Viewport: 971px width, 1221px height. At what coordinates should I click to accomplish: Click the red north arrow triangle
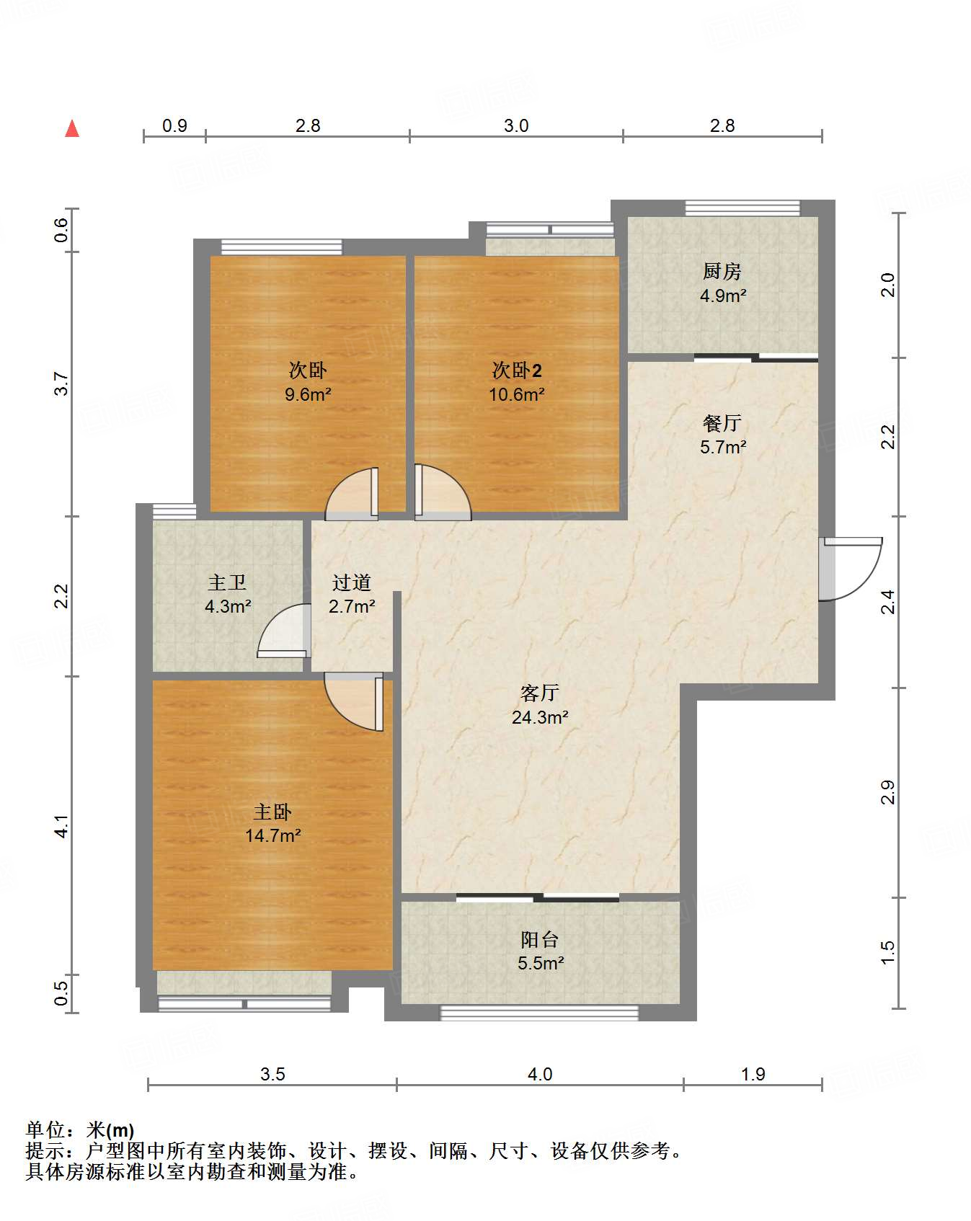pos(72,128)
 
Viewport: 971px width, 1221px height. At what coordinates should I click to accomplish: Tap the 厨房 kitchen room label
pos(722,271)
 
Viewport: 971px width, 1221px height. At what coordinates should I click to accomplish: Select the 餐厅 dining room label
pos(722,423)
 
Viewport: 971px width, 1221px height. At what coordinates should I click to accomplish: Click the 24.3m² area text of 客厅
pos(540,717)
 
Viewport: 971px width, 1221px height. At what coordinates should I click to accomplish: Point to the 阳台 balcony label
pos(540,939)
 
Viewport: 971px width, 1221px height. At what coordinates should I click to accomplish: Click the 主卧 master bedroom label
pos(272,812)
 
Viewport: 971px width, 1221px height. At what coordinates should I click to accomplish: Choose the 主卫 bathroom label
pos(227,582)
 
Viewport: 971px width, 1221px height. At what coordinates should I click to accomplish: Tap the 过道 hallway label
pos(352,582)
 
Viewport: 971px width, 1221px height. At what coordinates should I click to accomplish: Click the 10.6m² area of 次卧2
pos(517,394)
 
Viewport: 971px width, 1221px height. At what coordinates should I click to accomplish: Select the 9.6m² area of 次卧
pos(308,394)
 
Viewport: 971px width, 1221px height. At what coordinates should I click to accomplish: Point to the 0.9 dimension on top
pos(174,125)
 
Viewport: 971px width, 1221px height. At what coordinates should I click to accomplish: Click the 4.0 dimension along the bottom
pos(540,1074)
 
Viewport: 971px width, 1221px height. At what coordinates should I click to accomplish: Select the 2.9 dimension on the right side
pos(888,792)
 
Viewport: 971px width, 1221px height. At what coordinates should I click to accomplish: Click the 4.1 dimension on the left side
pos(62,826)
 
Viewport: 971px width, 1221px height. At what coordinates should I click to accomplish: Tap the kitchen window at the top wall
pos(742,208)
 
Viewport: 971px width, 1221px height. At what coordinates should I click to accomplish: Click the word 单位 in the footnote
pos(46,1130)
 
